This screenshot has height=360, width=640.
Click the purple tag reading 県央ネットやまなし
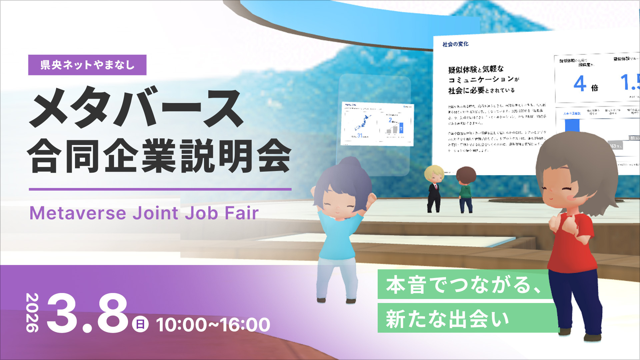point(87,65)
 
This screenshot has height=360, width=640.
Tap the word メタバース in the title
point(136,107)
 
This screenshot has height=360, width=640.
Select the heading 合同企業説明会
point(160,156)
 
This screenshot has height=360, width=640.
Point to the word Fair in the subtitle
point(241,213)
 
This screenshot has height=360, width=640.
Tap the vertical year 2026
point(32,312)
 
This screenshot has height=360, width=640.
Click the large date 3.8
point(87,313)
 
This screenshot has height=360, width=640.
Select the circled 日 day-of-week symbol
point(140,324)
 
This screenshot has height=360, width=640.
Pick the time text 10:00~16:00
point(213,324)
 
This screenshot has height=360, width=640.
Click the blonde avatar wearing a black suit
point(434,188)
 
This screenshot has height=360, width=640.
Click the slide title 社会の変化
point(455,44)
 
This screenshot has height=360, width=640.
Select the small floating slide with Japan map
point(377,124)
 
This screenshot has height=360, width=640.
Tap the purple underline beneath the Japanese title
point(160,189)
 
